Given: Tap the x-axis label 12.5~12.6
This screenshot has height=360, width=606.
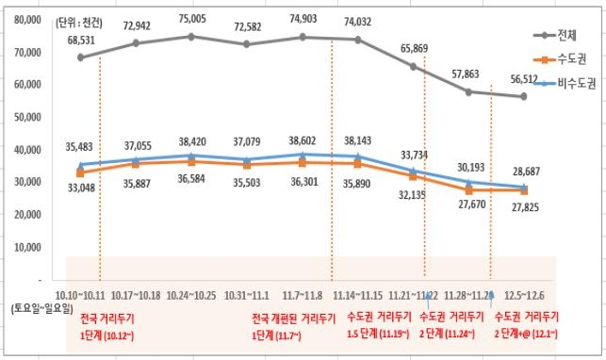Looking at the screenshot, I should (523, 295).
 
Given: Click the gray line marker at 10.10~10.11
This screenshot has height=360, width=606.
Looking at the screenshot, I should (81, 57).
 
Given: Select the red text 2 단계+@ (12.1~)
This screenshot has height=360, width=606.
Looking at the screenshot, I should (526, 334).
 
